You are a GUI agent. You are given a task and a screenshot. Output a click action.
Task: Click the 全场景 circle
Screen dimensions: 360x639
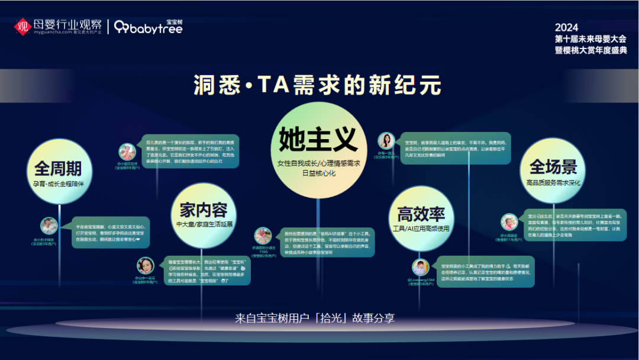553,169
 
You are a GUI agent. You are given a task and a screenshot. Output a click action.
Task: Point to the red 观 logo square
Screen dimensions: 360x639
22,26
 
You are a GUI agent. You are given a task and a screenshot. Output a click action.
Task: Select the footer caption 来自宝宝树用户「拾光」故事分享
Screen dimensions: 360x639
315,319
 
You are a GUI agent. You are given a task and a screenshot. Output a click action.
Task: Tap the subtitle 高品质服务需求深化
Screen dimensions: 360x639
553,183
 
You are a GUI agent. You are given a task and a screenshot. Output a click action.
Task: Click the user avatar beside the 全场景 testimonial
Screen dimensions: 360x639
509,222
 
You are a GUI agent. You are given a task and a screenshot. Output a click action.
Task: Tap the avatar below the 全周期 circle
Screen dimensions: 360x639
49,226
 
